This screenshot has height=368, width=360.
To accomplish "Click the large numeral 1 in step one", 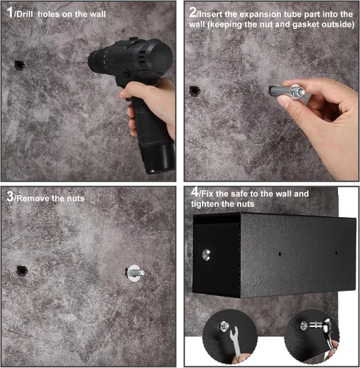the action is point(10,12).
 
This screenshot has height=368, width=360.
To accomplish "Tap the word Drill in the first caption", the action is point(24,14).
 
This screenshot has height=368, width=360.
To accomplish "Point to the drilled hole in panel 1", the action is point(19,65).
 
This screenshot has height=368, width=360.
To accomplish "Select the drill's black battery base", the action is point(157,158).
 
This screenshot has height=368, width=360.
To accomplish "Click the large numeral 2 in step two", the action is point(193,12).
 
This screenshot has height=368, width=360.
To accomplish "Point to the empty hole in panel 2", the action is point(194,91).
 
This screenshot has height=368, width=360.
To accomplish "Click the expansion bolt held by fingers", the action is point(287,91).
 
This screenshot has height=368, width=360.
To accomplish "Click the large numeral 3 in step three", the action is point(10,197).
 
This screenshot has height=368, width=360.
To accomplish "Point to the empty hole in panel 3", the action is point(22,271).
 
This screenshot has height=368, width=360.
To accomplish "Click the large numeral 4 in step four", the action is point(195,192).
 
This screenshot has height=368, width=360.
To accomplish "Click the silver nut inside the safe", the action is point(207,255).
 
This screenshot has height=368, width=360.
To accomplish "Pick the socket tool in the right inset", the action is point(321,329).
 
